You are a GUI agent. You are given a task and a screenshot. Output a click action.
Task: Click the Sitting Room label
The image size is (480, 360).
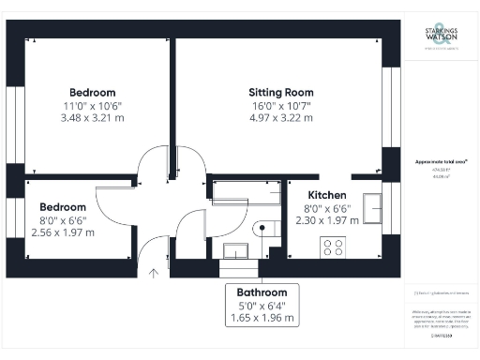(280, 92)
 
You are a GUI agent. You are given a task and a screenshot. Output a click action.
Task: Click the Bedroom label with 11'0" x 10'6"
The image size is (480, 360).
(92, 92)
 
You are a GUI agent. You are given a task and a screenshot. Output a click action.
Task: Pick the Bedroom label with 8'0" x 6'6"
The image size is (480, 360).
(63, 206)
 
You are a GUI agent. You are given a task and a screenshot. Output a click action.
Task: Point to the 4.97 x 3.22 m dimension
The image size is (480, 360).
(280, 119)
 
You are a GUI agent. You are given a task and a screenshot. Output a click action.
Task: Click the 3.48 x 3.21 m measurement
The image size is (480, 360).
(92, 119)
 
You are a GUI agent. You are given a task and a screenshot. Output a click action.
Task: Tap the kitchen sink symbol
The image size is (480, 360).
(372, 206)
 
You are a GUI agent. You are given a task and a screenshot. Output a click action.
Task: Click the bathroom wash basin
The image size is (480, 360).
(235, 248)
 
